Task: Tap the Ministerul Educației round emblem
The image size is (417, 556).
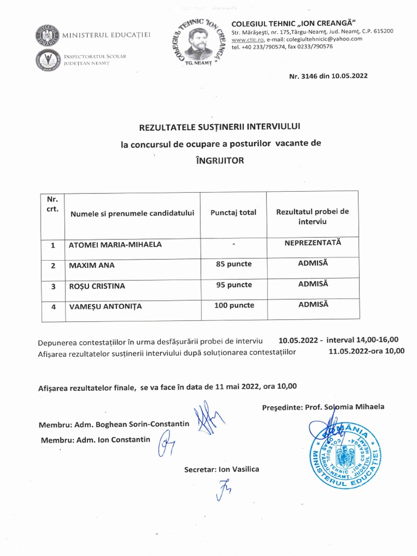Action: coord(47,35)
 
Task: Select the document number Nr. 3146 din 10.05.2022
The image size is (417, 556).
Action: coord(328,76)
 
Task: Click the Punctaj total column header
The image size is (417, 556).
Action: coord(233,213)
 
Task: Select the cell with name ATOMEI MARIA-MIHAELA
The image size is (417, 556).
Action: coord(115,245)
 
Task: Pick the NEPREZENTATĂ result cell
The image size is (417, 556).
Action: coord(313,243)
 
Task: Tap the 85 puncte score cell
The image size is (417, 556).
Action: coord(233,264)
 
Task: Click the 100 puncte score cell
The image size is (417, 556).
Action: coord(233,306)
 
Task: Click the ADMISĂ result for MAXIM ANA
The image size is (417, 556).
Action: coord(313,263)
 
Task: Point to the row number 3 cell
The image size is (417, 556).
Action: coord(53,286)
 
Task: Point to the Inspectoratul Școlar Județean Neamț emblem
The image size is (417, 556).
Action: coord(47,60)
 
